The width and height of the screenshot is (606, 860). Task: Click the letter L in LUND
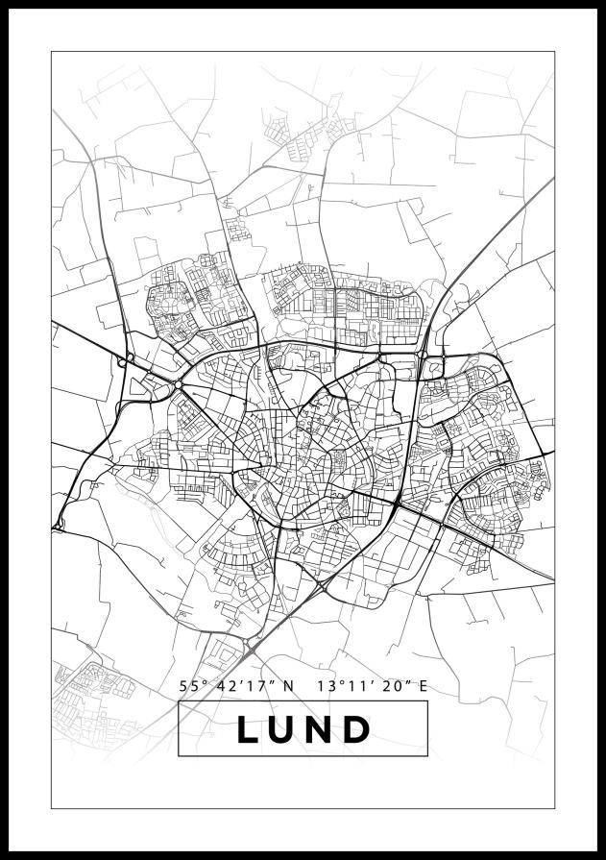[x=249, y=729]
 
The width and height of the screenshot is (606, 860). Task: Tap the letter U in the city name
[x=285, y=729]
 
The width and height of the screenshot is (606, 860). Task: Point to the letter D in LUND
[x=358, y=729]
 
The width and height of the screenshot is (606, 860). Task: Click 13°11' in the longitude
[x=348, y=686]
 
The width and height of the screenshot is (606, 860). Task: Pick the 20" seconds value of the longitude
[x=396, y=686]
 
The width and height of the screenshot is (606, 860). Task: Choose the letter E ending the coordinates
[x=422, y=686]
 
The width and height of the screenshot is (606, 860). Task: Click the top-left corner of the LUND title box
[x=179, y=701]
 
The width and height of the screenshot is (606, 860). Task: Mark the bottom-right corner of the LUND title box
[x=427, y=756]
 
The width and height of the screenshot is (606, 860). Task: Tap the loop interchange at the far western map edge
[x=58, y=525]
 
